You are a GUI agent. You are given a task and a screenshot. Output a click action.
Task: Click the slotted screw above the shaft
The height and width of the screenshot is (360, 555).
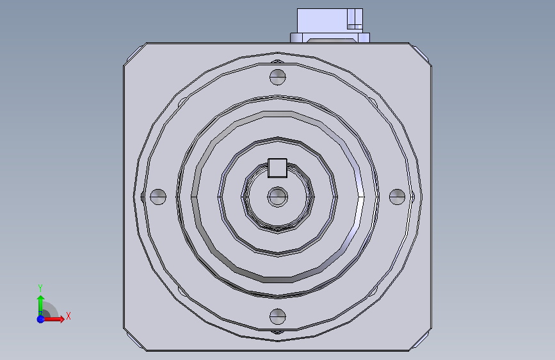tap(278, 77)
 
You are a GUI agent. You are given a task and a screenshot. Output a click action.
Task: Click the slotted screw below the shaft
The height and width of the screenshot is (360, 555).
tap(278, 316)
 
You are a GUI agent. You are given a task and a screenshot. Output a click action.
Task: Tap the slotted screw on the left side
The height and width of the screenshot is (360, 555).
tap(158, 197)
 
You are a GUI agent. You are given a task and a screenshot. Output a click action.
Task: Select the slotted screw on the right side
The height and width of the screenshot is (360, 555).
tap(397, 197)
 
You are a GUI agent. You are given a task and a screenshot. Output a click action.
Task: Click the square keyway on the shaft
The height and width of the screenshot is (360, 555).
tap(278, 168)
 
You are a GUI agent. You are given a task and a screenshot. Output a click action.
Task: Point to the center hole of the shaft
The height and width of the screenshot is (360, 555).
tap(278, 197)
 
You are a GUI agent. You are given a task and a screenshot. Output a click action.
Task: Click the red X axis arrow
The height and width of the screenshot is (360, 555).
tap(54, 319)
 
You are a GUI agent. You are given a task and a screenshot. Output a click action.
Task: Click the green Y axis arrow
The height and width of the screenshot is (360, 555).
tap(41, 306)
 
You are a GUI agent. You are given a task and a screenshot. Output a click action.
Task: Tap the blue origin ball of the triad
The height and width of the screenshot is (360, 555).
tap(41, 319)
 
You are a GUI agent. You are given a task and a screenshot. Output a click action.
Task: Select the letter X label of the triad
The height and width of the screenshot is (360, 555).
tap(68, 316)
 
